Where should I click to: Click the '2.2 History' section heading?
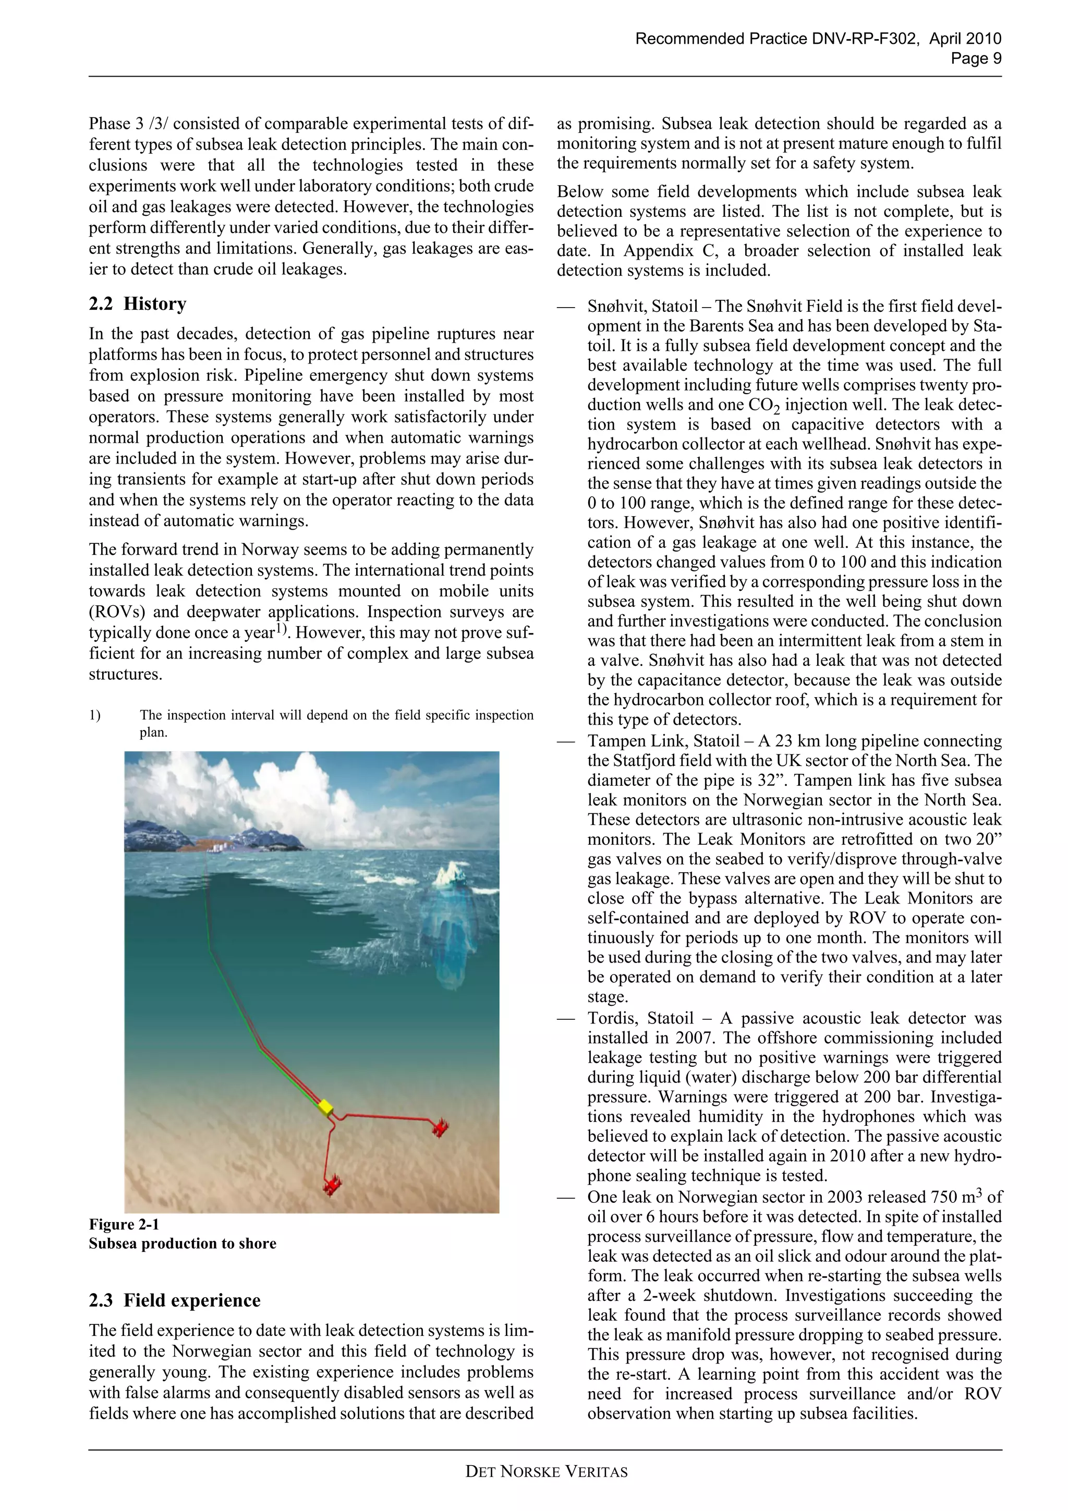click(138, 303)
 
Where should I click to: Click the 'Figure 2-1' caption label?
click(124, 1224)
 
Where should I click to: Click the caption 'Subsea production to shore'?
click(183, 1243)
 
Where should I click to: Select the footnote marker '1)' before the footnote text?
click(95, 715)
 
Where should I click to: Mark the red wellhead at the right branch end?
click(440, 1127)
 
